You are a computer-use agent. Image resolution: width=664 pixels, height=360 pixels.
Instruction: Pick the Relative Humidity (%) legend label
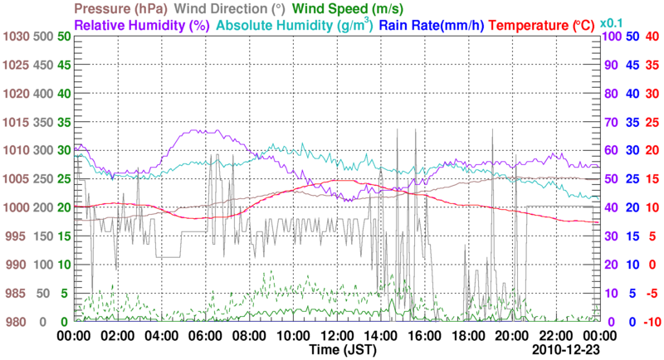click(x=141, y=25)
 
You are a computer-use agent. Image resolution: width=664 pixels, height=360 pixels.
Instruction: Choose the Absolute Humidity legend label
click(x=295, y=25)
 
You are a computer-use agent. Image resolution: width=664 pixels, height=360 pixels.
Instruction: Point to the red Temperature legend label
click(x=546, y=25)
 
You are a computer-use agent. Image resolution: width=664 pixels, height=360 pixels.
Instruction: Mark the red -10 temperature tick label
click(x=652, y=322)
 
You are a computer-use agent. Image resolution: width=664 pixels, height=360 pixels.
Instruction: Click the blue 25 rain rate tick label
click(x=632, y=179)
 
